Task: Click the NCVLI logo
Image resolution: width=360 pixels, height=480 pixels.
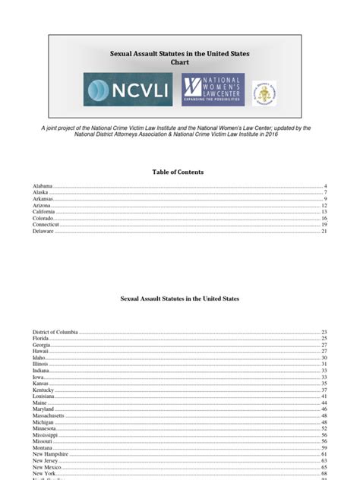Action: tap(128, 90)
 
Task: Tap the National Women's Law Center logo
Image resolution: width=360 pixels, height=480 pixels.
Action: tap(213, 90)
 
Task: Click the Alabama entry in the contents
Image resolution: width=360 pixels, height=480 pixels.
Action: tap(42, 186)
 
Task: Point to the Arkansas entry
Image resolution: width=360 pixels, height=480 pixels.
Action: tap(43, 199)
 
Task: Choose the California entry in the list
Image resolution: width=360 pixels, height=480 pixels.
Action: tap(44, 212)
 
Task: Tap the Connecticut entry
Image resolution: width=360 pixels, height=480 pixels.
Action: tap(46, 225)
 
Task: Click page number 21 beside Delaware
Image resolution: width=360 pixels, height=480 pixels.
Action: tap(324, 232)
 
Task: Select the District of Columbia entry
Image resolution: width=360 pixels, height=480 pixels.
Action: tap(55, 333)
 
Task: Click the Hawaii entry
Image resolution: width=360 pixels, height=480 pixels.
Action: tap(40, 352)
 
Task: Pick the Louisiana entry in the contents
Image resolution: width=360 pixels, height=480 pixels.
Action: tap(44, 396)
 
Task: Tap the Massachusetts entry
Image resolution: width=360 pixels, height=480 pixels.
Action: tap(48, 415)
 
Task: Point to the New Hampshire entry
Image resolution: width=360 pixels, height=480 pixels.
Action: tap(50, 454)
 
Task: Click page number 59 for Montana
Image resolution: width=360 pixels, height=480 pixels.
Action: tap(324, 447)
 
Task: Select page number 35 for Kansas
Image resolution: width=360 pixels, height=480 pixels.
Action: tap(324, 384)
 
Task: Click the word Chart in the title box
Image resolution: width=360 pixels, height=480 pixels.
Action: tap(180, 63)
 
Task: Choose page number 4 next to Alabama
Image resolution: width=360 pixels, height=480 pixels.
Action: tap(325, 186)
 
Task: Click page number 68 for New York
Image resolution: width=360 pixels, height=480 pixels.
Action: tap(324, 473)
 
